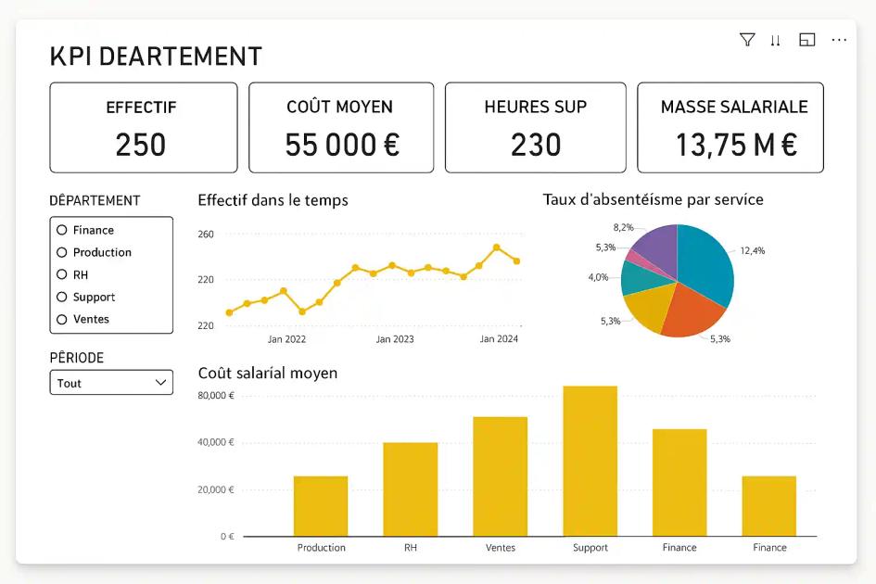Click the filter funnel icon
pos(746,40)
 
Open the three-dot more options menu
pos(839,40)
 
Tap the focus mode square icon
pos(806,40)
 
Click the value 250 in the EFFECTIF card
pos(141,145)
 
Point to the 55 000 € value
pos(341,145)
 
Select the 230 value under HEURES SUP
pos(536,145)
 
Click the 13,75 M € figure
pos(736,145)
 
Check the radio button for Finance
pos(62,230)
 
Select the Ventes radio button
pos(62,319)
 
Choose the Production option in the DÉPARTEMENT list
pos(62,252)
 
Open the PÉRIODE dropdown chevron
pos(160,382)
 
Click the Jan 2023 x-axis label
pos(395,339)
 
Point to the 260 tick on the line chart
pos(206,235)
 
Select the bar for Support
pos(590,461)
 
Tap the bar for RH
pos(411,489)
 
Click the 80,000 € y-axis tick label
pos(216,396)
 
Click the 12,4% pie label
pos(752,250)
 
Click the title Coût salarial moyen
pos(268,373)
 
